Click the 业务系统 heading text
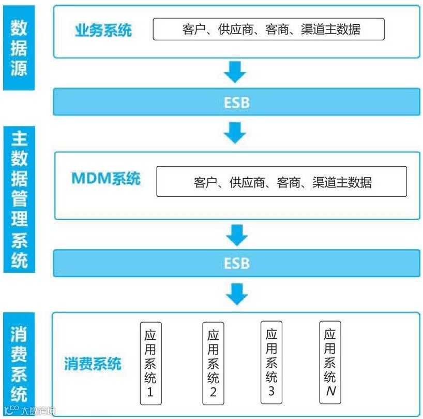103,30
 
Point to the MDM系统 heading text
105,179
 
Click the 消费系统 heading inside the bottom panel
93,364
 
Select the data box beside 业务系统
268,30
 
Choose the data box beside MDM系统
281,182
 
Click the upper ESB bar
237,102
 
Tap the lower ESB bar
237,263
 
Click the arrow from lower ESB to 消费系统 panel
236,294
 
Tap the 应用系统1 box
150,363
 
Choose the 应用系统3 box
271,362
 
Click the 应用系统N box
330,361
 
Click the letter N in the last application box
330,392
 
